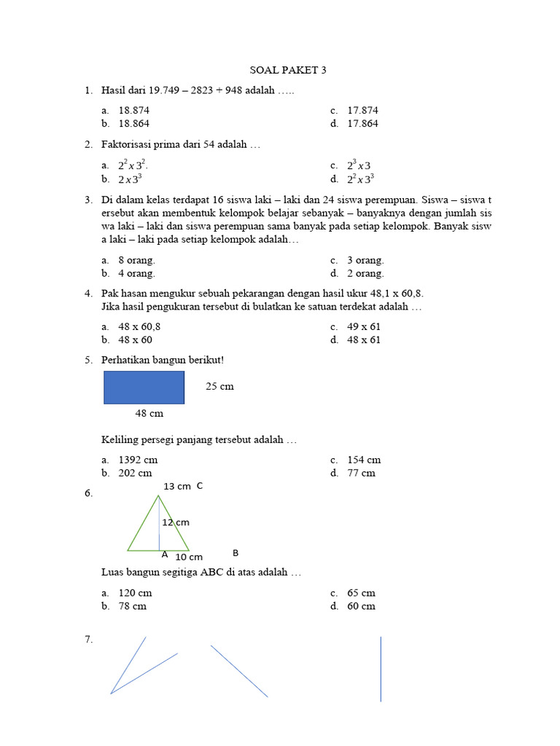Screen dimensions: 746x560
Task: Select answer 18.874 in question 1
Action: [135, 110]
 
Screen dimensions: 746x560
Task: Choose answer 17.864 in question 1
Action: [362, 123]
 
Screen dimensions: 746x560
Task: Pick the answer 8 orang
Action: [136, 260]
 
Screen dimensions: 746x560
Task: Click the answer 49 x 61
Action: [363, 326]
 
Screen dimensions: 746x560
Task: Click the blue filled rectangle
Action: [144, 388]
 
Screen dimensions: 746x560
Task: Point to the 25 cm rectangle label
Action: [219, 386]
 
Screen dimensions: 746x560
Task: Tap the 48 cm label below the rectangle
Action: [149, 413]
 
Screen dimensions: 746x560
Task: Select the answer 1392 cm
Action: [138, 460]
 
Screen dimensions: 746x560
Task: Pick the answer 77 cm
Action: [361, 473]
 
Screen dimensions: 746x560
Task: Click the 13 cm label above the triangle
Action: [176, 486]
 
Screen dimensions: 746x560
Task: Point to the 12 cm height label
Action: [176, 522]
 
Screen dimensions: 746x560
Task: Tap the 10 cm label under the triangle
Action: [189, 557]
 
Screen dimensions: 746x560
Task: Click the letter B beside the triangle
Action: [236, 553]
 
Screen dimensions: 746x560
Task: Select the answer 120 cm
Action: [135, 593]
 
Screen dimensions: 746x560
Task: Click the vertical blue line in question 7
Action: [381, 669]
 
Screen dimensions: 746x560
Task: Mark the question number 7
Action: [88, 639]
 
